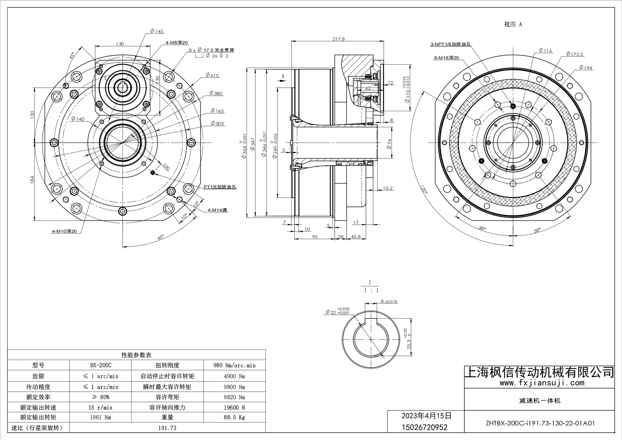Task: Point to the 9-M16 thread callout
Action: coord(446,58)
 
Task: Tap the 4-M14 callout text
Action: coord(217,210)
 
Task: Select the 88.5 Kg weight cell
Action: coord(234,417)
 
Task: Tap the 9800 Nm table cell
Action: coord(234,387)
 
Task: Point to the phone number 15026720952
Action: coord(425,427)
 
